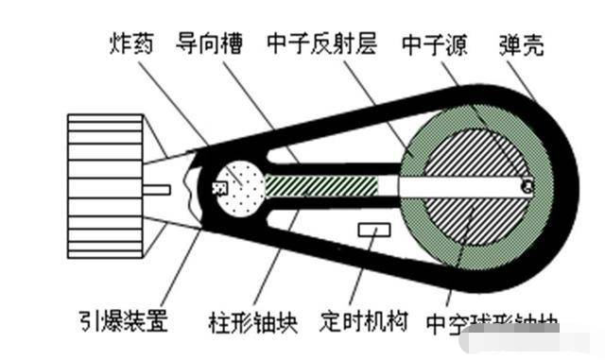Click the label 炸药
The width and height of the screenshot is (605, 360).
point(133,43)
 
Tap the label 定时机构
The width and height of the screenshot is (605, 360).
point(364,321)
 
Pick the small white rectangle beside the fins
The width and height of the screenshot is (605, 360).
point(157,190)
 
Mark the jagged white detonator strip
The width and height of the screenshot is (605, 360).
point(196,189)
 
